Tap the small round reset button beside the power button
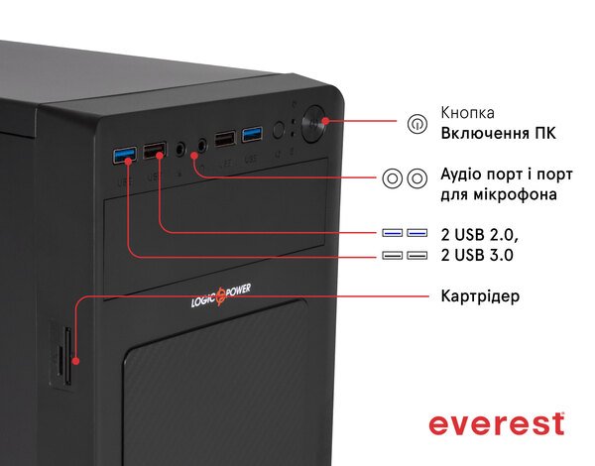(279, 130)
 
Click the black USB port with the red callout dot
(155, 152)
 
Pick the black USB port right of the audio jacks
(225, 137)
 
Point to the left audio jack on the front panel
(180, 148)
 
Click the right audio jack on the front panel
(201, 144)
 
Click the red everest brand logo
(496, 423)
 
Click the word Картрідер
(481, 296)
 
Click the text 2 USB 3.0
(478, 256)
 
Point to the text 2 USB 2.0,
(480, 234)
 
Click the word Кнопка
(468, 113)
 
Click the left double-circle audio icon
(393, 177)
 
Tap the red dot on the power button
(324, 120)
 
